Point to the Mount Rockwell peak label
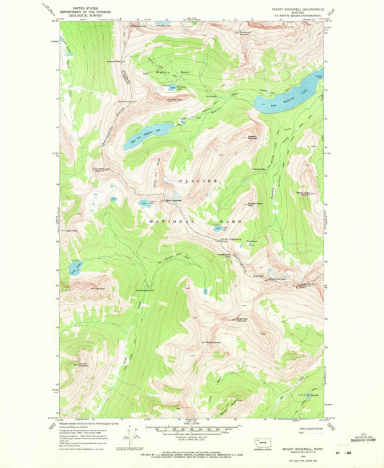point(174,199)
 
